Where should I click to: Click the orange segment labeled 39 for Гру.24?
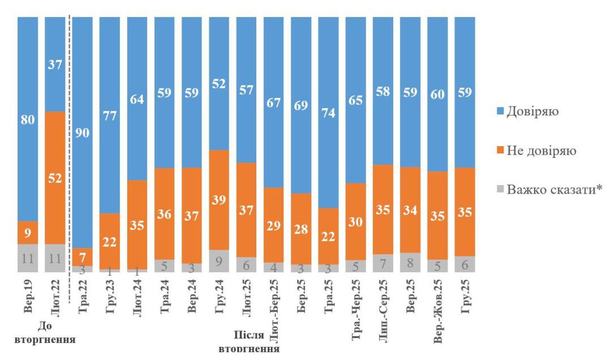pyautogui.click(x=219, y=199)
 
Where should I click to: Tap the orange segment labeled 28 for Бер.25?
pyautogui.click(x=301, y=229)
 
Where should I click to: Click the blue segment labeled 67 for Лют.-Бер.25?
pyautogui.click(x=274, y=102)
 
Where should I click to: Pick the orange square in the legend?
pyautogui.click(x=500, y=151)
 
